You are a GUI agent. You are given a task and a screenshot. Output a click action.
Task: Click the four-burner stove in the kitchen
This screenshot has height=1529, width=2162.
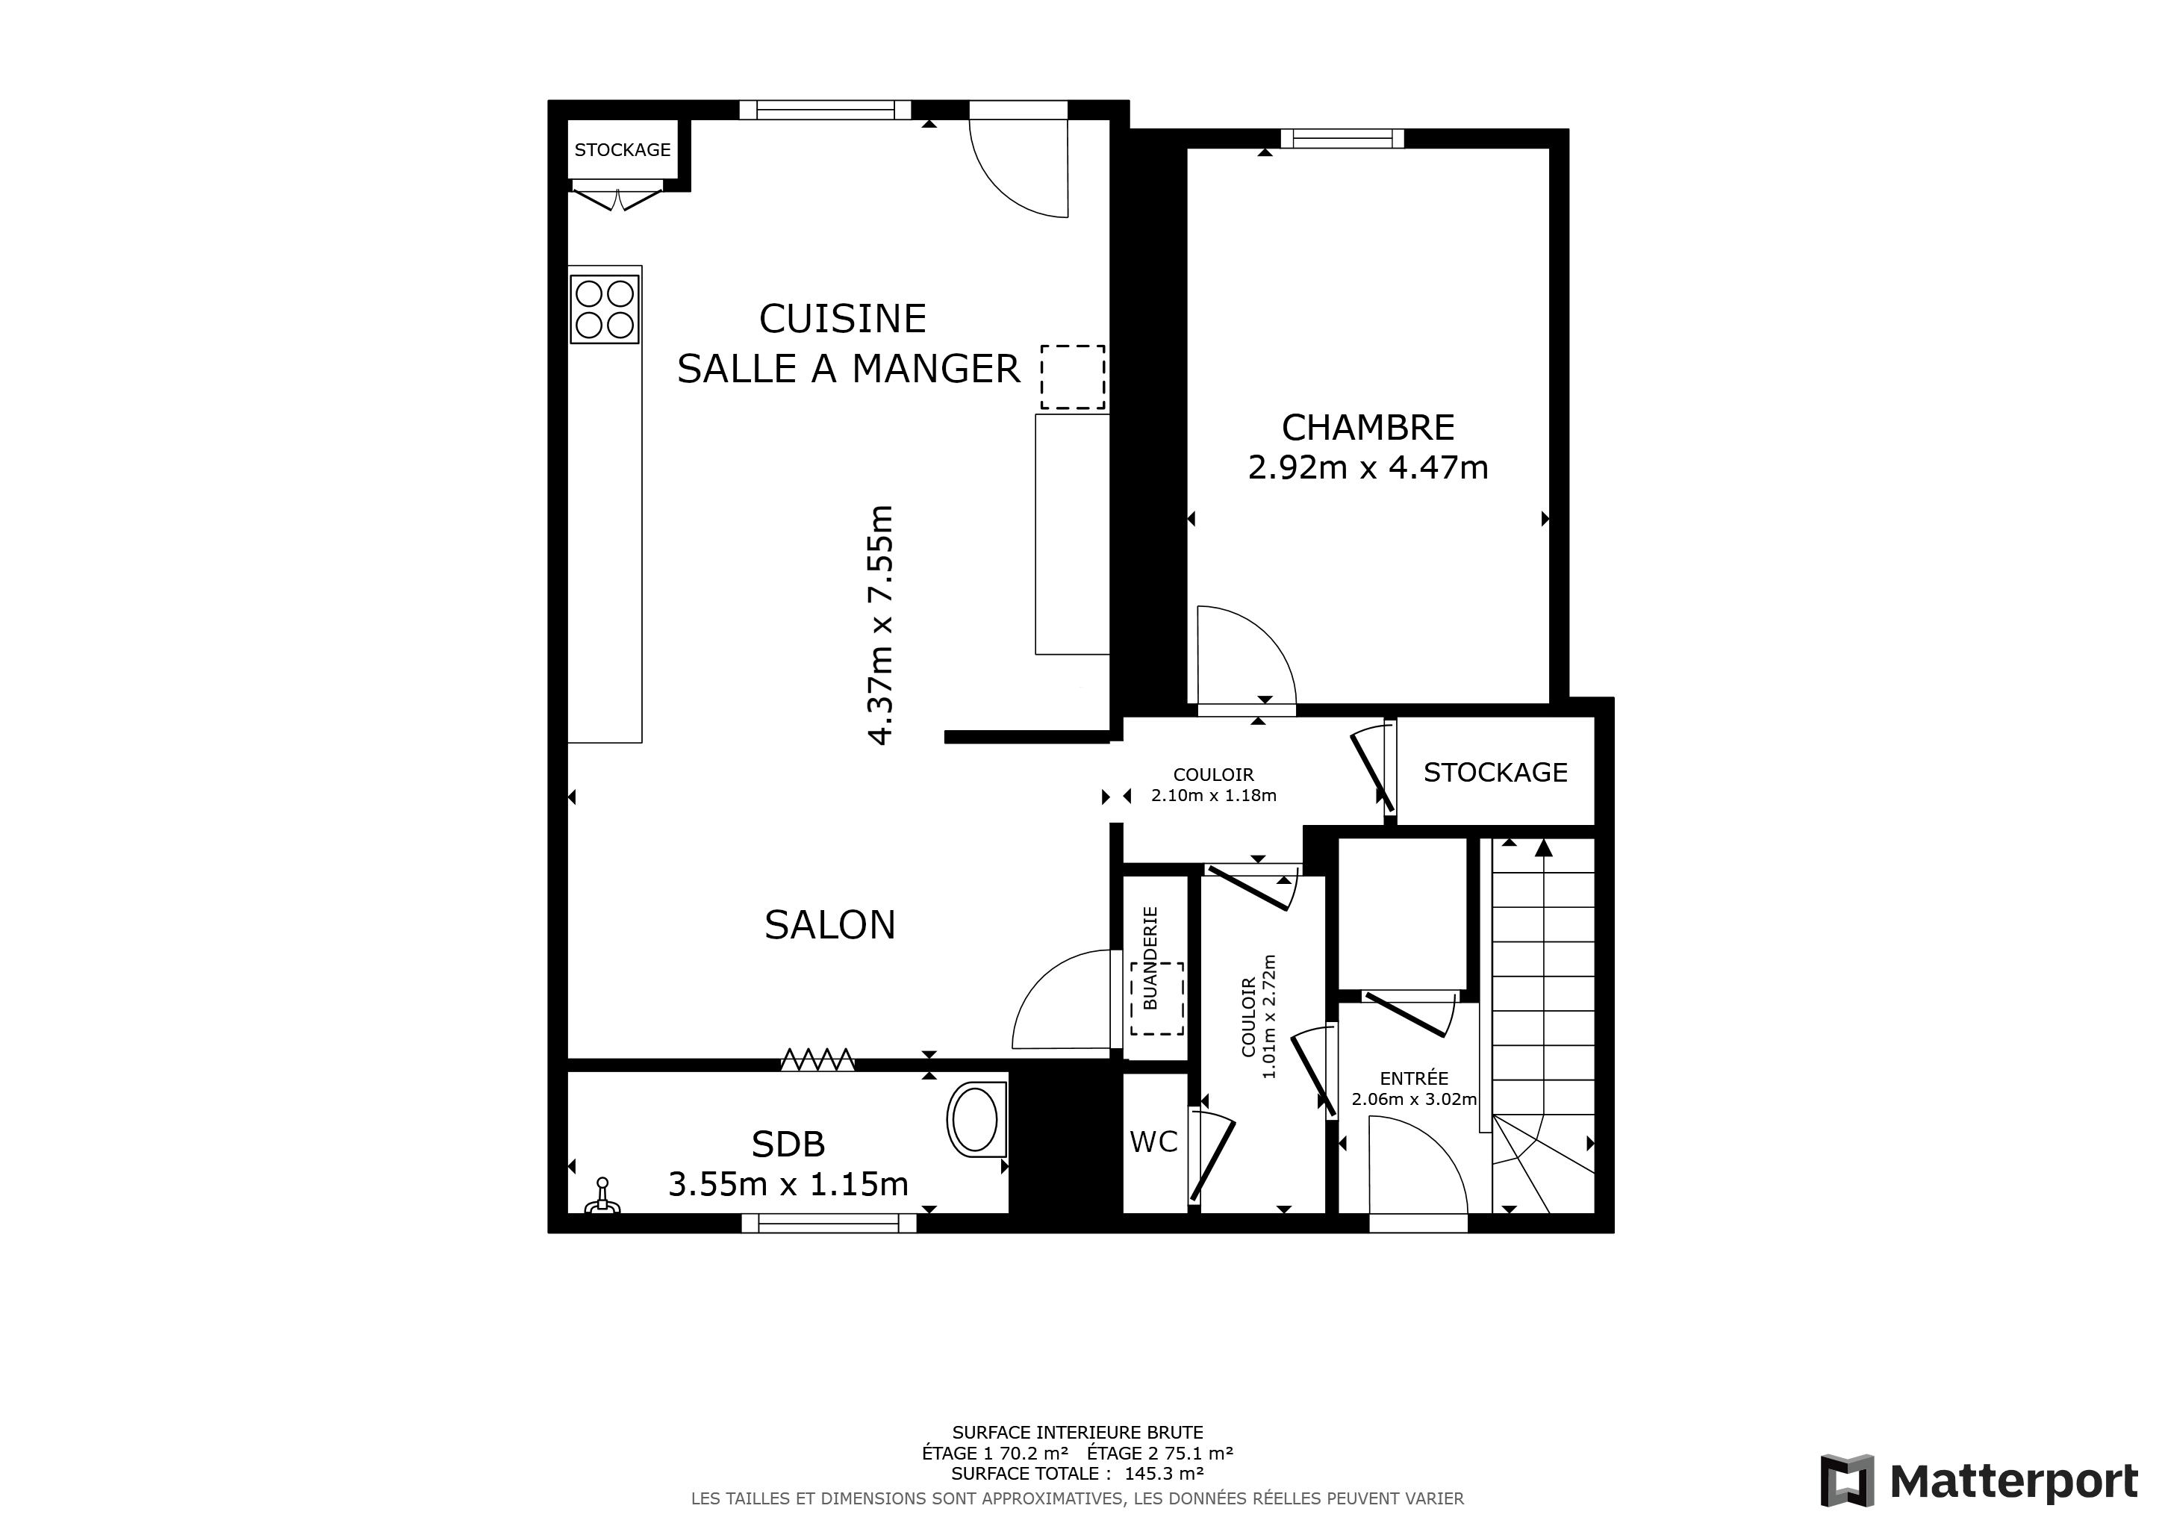pos(605,309)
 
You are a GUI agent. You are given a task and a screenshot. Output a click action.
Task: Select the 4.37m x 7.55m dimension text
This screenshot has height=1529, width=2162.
pos(879,625)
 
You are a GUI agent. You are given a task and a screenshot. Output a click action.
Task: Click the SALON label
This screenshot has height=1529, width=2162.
pos(829,926)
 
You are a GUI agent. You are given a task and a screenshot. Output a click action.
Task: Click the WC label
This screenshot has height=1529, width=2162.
pos(1153,1142)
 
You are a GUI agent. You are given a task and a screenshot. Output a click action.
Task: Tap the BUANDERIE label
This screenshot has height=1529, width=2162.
pos(1150,958)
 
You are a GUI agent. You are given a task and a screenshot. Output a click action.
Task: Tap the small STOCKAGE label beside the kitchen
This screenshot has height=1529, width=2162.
pos(623,150)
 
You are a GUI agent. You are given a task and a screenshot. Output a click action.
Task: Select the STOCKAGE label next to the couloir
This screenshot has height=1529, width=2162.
pos(1495,773)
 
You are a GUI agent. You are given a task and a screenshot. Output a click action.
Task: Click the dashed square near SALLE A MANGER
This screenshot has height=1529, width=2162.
pos(1073,378)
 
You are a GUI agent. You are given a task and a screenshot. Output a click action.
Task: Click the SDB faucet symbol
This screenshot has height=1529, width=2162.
pos(602,1197)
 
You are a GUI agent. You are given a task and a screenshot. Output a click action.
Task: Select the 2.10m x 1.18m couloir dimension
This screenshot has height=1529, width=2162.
pos(1214,796)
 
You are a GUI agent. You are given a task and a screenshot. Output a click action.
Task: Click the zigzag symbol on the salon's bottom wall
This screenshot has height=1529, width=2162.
pos(817,1060)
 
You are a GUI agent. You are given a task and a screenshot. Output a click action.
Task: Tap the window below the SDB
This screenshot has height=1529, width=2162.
pos(829,1223)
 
